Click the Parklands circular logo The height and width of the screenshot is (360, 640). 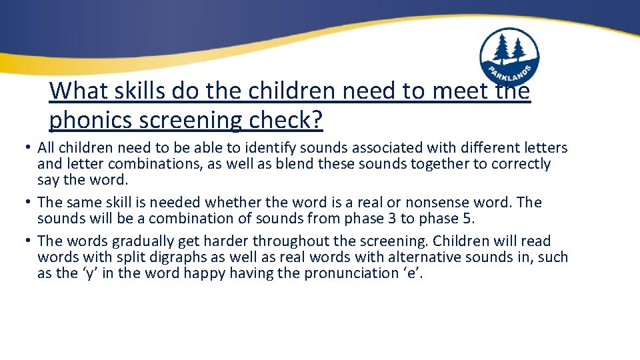(x=509, y=57)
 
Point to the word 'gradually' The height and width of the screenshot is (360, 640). (x=135, y=241)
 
